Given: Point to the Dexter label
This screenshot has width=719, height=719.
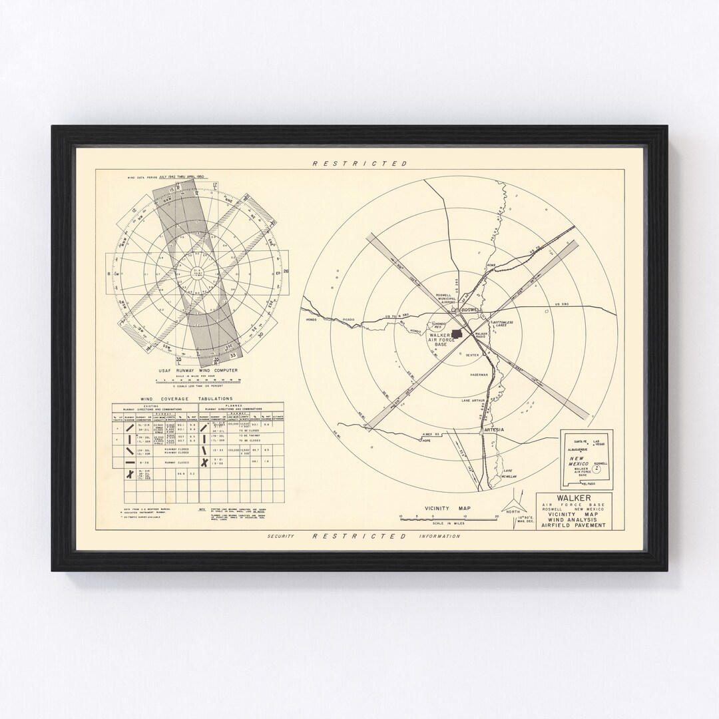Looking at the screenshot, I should point(472,356).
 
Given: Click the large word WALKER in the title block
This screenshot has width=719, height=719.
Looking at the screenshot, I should point(574,497).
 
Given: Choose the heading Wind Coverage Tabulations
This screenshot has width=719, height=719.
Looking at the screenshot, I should point(172,399).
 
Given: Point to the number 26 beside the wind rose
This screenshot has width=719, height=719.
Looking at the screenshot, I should point(286,272).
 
